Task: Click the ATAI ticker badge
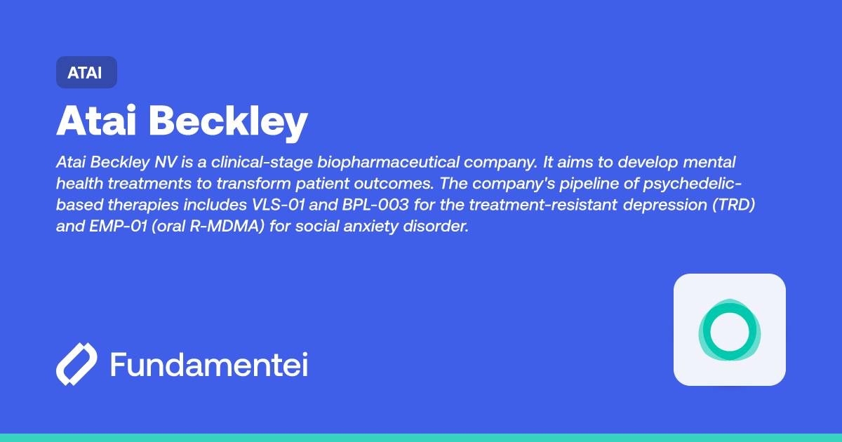[x=86, y=72]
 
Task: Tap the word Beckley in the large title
[x=229, y=123]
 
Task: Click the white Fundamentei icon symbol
[x=76, y=365]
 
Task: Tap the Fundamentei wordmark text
[x=209, y=365]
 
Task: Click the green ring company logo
[x=729, y=330]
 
